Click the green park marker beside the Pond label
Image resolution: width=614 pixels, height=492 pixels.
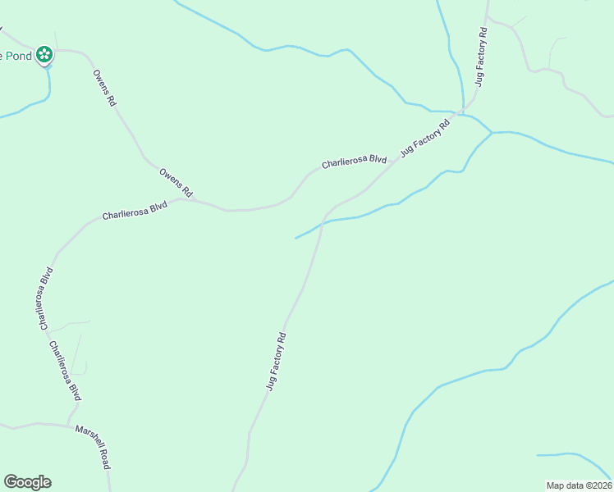(x=45, y=56)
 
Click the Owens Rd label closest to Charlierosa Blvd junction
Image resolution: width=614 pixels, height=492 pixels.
(x=176, y=182)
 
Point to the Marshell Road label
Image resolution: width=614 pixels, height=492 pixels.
(x=92, y=447)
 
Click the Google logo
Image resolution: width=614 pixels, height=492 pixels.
(x=27, y=482)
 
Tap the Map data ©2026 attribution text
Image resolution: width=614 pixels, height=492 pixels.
(x=579, y=485)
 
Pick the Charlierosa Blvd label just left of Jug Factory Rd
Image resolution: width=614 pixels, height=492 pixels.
(x=354, y=162)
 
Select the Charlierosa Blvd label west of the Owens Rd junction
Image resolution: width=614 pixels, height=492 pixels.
(x=134, y=211)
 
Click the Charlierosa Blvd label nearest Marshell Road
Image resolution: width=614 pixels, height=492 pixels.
(x=66, y=371)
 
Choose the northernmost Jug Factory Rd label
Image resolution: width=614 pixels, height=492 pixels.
(x=482, y=57)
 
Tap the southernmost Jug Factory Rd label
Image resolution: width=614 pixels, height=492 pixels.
(x=277, y=361)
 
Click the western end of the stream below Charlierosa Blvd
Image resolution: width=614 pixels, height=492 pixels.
(x=296, y=239)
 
